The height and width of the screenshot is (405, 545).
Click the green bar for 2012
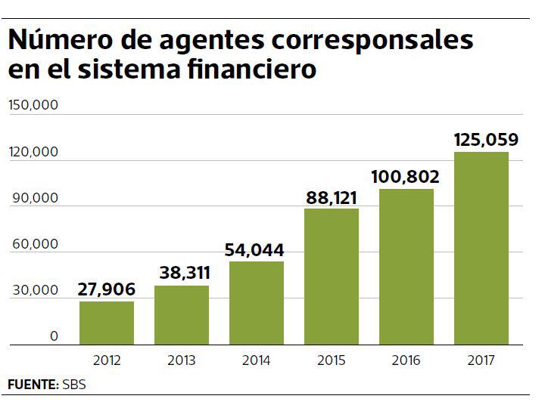pyautogui.click(x=107, y=323)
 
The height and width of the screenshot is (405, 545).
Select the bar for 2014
pyautogui.click(x=257, y=303)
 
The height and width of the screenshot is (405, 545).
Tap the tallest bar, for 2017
pyautogui.click(x=481, y=249)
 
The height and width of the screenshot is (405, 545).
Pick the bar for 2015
pyautogui.click(x=332, y=277)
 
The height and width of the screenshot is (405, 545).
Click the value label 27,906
pyautogui.click(x=107, y=289)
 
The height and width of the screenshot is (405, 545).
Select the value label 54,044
pyautogui.click(x=257, y=249)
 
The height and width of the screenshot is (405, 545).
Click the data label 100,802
pyautogui.click(x=406, y=177)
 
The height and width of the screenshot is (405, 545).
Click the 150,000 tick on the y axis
pyautogui.click(x=33, y=106)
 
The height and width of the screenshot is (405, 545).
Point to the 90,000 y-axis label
pyautogui.click(x=35, y=198)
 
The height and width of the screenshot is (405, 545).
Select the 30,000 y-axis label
pyautogui.click(x=35, y=290)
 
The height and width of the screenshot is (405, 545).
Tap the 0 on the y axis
pyautogui.click(x=54, y=337)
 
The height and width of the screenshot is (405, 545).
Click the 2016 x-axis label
pyautogui.click(x=406, y=360)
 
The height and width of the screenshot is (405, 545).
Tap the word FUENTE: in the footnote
pyautogui.click(x=33, y=385)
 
